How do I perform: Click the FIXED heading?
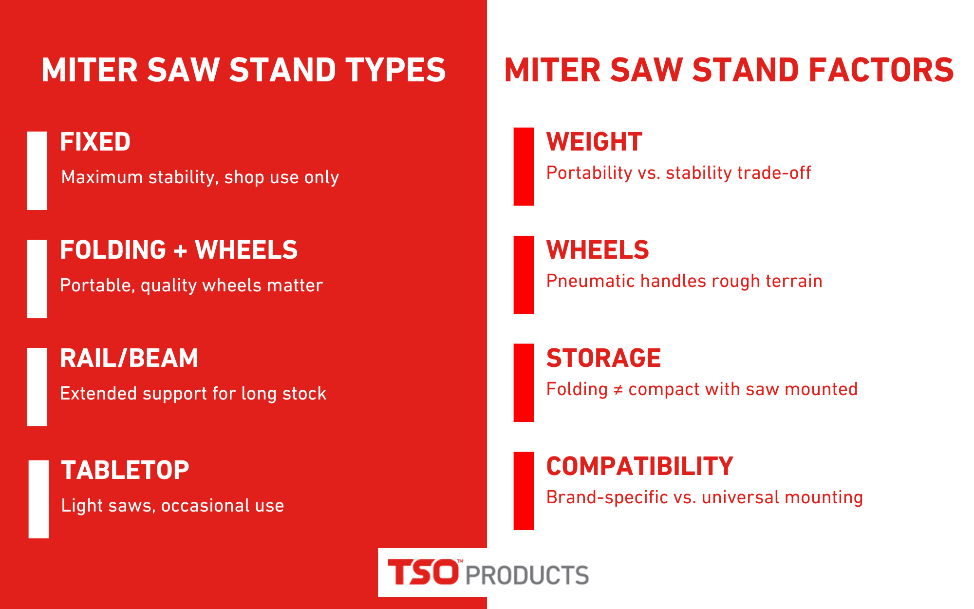95,142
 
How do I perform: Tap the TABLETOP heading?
125,470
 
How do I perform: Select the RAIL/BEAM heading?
129,358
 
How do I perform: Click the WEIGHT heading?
594,142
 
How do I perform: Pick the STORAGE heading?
603,358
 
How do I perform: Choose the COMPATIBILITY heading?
639,466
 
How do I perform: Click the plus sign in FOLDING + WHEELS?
180,251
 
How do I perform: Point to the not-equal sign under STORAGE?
618,390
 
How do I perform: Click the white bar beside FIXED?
37,171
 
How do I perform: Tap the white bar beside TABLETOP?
38,499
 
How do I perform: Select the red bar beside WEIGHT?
524,167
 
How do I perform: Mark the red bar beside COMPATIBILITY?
524,491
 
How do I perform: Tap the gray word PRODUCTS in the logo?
527,575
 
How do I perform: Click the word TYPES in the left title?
395,70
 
